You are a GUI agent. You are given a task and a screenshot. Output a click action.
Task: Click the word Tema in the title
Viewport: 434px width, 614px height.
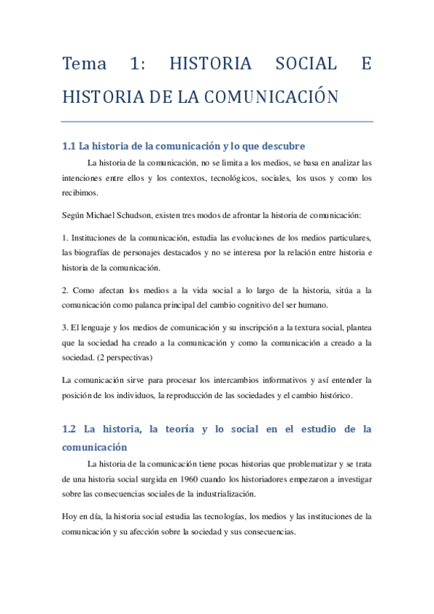coord(84,64)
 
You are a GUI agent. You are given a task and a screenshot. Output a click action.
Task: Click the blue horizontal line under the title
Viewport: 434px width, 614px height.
coord(217,121)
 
